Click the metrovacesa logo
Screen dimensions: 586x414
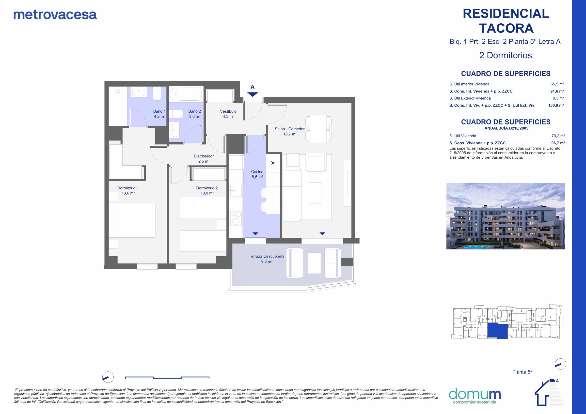click(55, 15)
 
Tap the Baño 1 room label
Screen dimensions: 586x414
click(159, 114)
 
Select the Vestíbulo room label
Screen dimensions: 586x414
click(228, 114)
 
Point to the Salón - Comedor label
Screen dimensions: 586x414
click(290, 131)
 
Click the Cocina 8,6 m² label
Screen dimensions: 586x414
click(257, 174)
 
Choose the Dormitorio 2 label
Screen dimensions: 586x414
click(207, 191)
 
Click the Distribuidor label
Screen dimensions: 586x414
click(204, 159)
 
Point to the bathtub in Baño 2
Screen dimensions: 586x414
click(186, 94)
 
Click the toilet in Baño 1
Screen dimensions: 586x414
click(157, 93)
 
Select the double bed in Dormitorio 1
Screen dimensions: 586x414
click(132, 220)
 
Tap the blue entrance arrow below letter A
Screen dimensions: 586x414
click(253, 94)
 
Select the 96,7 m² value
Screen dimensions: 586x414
click(558, 143)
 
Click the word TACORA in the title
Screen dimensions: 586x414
click(506, 28)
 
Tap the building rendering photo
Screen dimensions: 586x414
click(506, 216)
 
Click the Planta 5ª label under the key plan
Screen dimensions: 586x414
click(522, 372)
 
